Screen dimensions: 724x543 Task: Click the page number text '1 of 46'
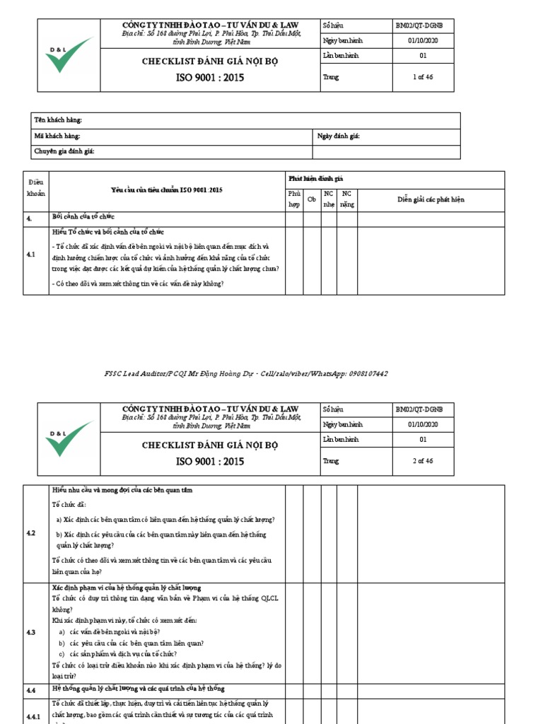coord(423,77)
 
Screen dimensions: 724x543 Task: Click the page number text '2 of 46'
coord(423,461)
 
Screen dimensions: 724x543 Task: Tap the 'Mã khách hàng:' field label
coord(57,136)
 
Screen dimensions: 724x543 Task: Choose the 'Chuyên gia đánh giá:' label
coord(64,151)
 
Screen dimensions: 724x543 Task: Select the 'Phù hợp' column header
coord(293,199)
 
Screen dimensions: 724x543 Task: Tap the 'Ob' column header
coord(311,200)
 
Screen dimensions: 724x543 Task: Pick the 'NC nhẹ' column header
coord(328,199)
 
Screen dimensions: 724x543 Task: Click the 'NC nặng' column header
coord(346,199)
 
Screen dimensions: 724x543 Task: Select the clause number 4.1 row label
coord(31,255)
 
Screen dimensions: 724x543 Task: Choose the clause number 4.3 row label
coord(31,632)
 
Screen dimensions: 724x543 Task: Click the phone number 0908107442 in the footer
coord(368,373)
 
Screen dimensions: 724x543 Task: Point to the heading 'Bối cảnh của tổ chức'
coord(83,216)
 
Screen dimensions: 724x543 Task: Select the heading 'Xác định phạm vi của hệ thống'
coord(127,588)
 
